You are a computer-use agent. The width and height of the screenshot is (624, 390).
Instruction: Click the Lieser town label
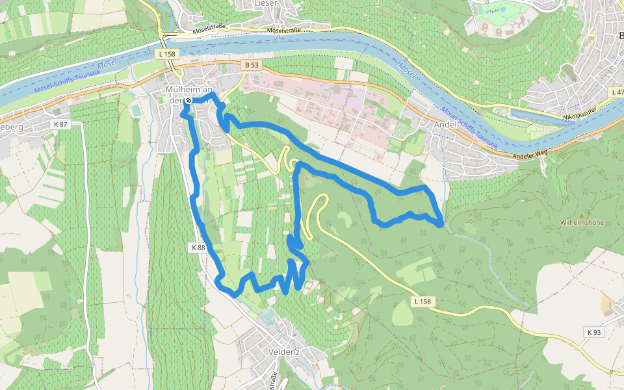265,3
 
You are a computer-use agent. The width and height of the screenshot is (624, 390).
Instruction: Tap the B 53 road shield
251,65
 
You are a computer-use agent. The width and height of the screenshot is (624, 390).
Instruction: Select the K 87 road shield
60,124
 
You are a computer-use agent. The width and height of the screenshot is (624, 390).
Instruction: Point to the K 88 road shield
198,248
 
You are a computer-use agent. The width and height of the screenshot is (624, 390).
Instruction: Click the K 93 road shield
594,332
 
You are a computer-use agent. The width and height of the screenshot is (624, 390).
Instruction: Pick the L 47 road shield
617,93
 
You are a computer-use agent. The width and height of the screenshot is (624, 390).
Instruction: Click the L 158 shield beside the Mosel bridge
167,55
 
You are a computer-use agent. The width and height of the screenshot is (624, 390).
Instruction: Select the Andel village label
445,125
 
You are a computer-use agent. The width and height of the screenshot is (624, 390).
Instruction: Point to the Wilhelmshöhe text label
582,222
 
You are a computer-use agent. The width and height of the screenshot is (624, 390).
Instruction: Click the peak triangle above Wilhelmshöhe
582,214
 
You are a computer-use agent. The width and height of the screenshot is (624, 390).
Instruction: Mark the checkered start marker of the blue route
188,100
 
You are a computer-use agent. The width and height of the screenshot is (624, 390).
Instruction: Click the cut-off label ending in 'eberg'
11,127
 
